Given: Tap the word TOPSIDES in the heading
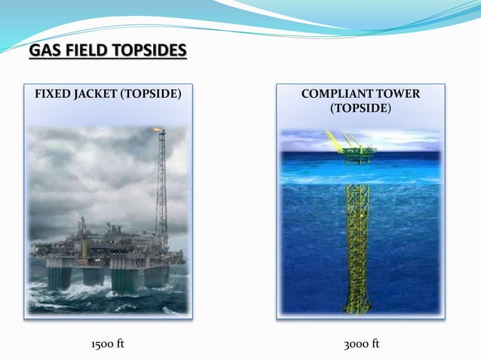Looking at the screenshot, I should point(148,51).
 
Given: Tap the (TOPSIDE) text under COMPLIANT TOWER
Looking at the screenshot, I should point(360,108).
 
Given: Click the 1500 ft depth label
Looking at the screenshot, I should point(107,344).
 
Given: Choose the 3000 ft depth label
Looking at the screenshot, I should point(361,344).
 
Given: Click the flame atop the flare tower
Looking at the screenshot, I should point(159,130).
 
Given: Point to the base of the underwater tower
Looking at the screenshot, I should point(357,305).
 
